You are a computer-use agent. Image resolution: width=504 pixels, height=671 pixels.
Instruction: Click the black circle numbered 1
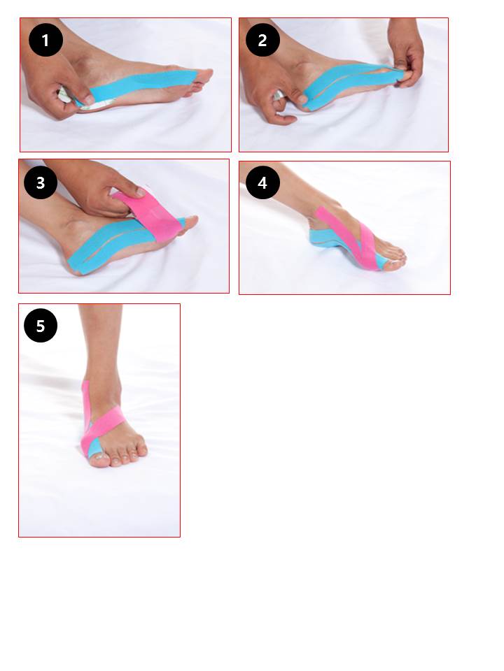(46, 41)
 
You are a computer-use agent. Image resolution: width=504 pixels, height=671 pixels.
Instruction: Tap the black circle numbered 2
(262, 41)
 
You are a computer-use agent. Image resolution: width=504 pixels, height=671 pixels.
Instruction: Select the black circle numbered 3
(41, 182)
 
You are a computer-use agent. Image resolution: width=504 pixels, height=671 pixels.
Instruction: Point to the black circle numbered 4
(262, 182)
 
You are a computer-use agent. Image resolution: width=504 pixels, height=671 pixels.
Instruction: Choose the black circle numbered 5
(41, 326)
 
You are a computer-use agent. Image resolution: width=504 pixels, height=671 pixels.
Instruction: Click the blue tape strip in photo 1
(137, 85)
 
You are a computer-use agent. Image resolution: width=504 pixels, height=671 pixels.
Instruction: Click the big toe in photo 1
(202, 75)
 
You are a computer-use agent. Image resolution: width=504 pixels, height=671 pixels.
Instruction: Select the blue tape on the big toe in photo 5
(94, 447)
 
